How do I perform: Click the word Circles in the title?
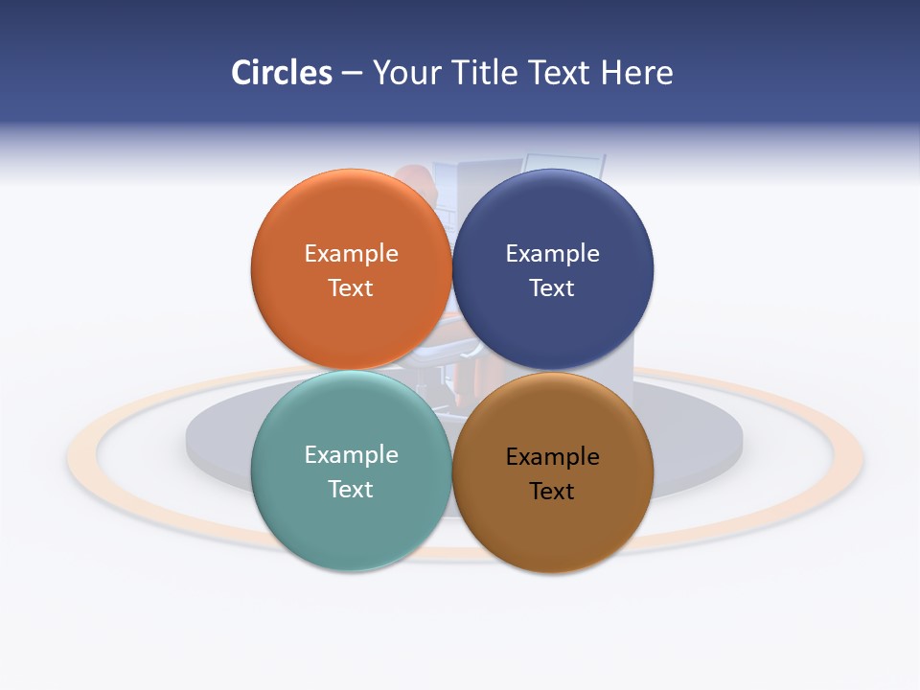(x=281, y=73)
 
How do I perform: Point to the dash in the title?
(x=352, y=74)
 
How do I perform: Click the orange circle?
(x=351, y=316)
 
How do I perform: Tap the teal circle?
(x=351, y=522)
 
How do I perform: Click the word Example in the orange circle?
(x=351, y=253)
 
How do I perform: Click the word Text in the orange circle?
(x=351, y=287)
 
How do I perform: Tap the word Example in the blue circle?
(x=553, y=253)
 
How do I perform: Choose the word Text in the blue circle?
(x=553, y=287)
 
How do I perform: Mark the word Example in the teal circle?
(x=351, y=454)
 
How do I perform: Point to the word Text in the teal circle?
(x=351, y=489)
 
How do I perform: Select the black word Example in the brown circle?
(x=553, y=456)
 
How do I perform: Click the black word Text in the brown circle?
(x=553, y=491)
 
